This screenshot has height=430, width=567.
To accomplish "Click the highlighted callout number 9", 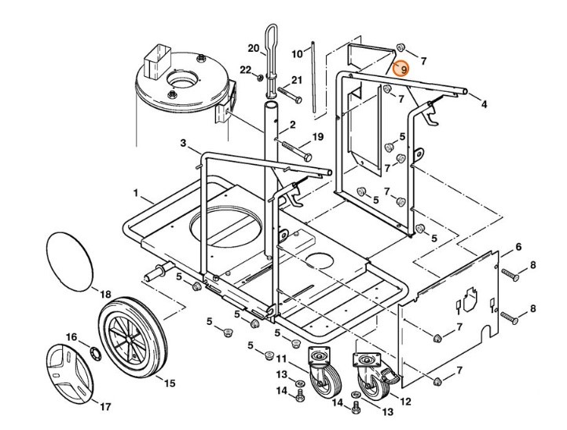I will [x=403, y=70].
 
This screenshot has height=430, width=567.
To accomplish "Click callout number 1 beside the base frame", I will [x=136, y=192].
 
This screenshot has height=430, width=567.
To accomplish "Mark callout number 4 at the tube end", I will [x=484, y=104].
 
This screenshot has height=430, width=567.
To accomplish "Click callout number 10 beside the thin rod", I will [x=297, y=53].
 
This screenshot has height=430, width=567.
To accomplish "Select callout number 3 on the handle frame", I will [x=183, y=144].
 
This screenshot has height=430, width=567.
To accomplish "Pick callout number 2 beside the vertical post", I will [x=292, y=124].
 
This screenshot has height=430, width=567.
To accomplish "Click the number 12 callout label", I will [x=406, y=401].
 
